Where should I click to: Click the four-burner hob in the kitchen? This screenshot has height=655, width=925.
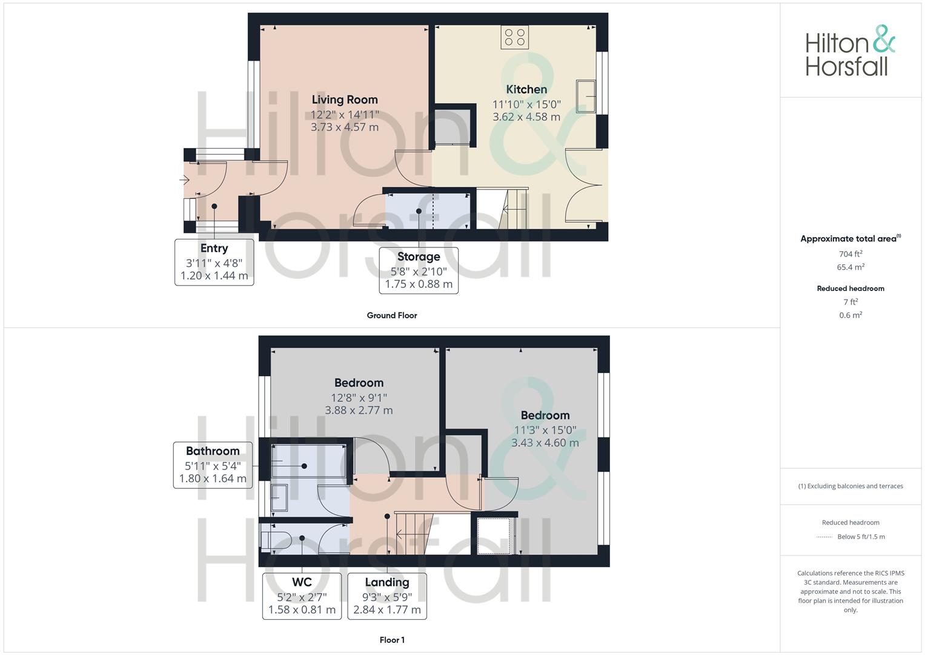tap(514, 37)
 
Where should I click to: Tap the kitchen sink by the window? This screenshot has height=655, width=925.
tap(586, 96)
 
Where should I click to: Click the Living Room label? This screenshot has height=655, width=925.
tap(345, 99)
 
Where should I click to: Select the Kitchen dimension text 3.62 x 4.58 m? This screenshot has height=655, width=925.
tap(526, 117)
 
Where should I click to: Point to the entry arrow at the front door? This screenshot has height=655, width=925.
tap(184, 180)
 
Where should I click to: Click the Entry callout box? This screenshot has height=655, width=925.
tap(214, 262)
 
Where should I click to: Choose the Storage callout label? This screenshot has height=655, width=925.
tap(419, 257)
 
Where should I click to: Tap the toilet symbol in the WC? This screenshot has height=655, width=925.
tap(276, 540)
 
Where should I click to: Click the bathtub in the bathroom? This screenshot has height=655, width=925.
tap(308, 461)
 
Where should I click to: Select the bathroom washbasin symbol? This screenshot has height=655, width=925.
tap(279, 497)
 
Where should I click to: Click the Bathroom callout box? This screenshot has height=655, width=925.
tap(213, 465)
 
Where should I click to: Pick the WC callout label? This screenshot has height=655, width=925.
tap(302, 582)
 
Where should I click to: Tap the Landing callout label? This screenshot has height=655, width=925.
tap(387, 582)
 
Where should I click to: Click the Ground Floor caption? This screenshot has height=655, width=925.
tap(392, 315)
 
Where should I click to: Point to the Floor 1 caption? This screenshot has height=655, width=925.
tap(392, 640)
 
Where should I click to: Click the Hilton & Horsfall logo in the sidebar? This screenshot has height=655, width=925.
tap(850, 51)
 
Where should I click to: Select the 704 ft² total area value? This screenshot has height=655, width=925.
tap(850, 254)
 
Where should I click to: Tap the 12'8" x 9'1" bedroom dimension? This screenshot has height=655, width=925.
tap(359, 398)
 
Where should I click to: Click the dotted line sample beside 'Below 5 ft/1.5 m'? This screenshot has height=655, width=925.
tap(824, 537)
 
